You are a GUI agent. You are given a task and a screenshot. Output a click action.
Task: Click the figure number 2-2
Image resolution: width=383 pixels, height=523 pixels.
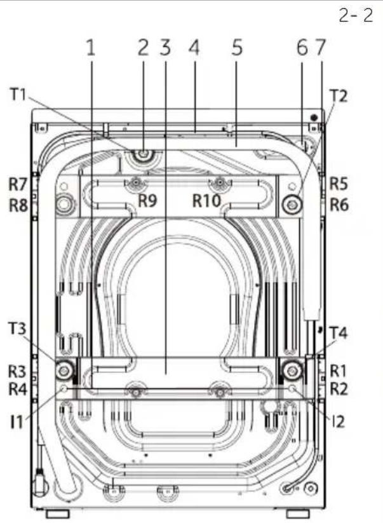356,15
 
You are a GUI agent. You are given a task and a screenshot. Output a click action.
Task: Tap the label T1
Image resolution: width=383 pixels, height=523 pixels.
18,95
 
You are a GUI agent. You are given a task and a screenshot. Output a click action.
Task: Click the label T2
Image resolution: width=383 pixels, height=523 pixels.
339,96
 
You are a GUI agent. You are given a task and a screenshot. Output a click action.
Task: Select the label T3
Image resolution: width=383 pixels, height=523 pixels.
17,329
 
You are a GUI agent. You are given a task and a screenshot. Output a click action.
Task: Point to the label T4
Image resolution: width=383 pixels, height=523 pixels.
339,332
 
